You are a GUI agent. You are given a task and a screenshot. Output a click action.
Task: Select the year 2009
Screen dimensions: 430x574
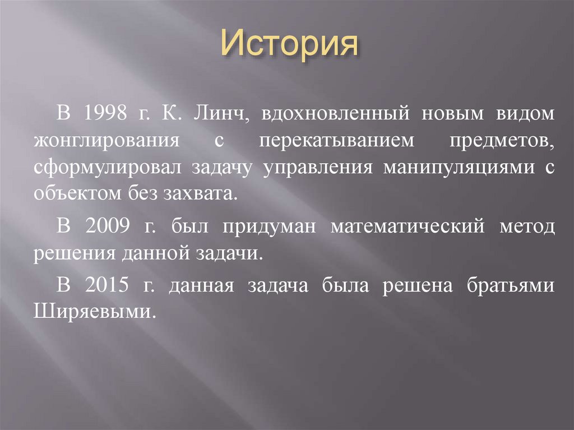click(109, 227)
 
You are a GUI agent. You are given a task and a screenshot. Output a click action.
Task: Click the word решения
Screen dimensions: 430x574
click(74, 253)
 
